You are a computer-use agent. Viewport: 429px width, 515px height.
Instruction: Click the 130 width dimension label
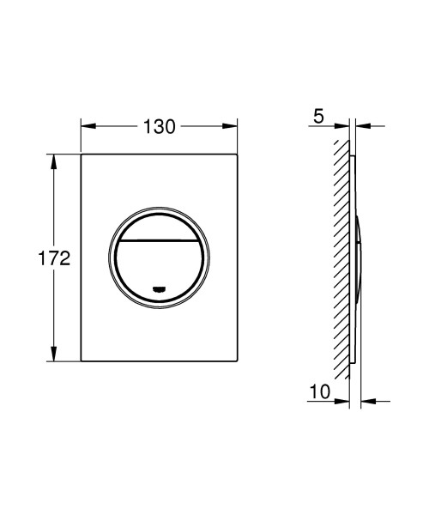[x=159, y=126]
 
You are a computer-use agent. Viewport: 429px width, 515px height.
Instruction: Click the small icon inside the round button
[x=159, y=289]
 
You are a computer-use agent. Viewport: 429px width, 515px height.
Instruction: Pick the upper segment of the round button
[x=159, y=225]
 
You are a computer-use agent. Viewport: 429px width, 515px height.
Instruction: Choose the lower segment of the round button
[x=159, y=266]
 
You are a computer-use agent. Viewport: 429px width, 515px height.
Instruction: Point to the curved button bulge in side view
[x=358, y=257]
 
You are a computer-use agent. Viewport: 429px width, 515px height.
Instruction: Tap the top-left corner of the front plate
[x=82, y=155]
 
